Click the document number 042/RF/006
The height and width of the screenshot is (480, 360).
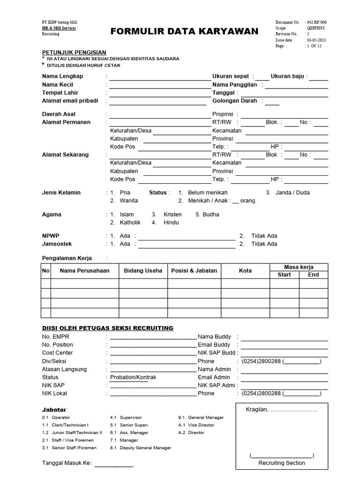coord(317,22)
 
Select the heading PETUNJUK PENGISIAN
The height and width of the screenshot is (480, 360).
coord(74,52)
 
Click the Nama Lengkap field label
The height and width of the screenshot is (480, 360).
coord(62,76)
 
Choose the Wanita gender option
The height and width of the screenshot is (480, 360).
coord(129,201)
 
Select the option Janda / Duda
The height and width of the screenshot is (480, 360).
coord(292,193)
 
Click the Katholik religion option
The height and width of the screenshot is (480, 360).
coord(130,223)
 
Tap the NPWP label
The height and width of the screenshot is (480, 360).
coord(51,236)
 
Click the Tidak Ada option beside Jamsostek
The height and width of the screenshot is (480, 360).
coord(264,244)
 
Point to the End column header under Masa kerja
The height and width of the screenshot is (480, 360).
coord(313,275)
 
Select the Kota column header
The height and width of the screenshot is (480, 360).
coord(245,270)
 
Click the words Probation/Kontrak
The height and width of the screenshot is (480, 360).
coord(133,377)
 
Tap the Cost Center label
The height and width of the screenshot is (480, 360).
coord(58,353)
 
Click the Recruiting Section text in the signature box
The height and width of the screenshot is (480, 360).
coord(282,463)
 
